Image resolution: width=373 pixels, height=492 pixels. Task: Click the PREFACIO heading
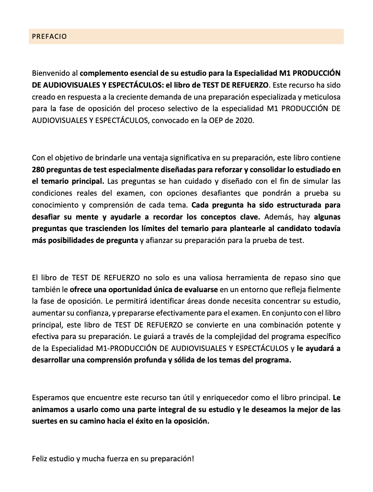coord(49,37)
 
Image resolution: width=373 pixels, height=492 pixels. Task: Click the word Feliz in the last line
coord(41,459)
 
